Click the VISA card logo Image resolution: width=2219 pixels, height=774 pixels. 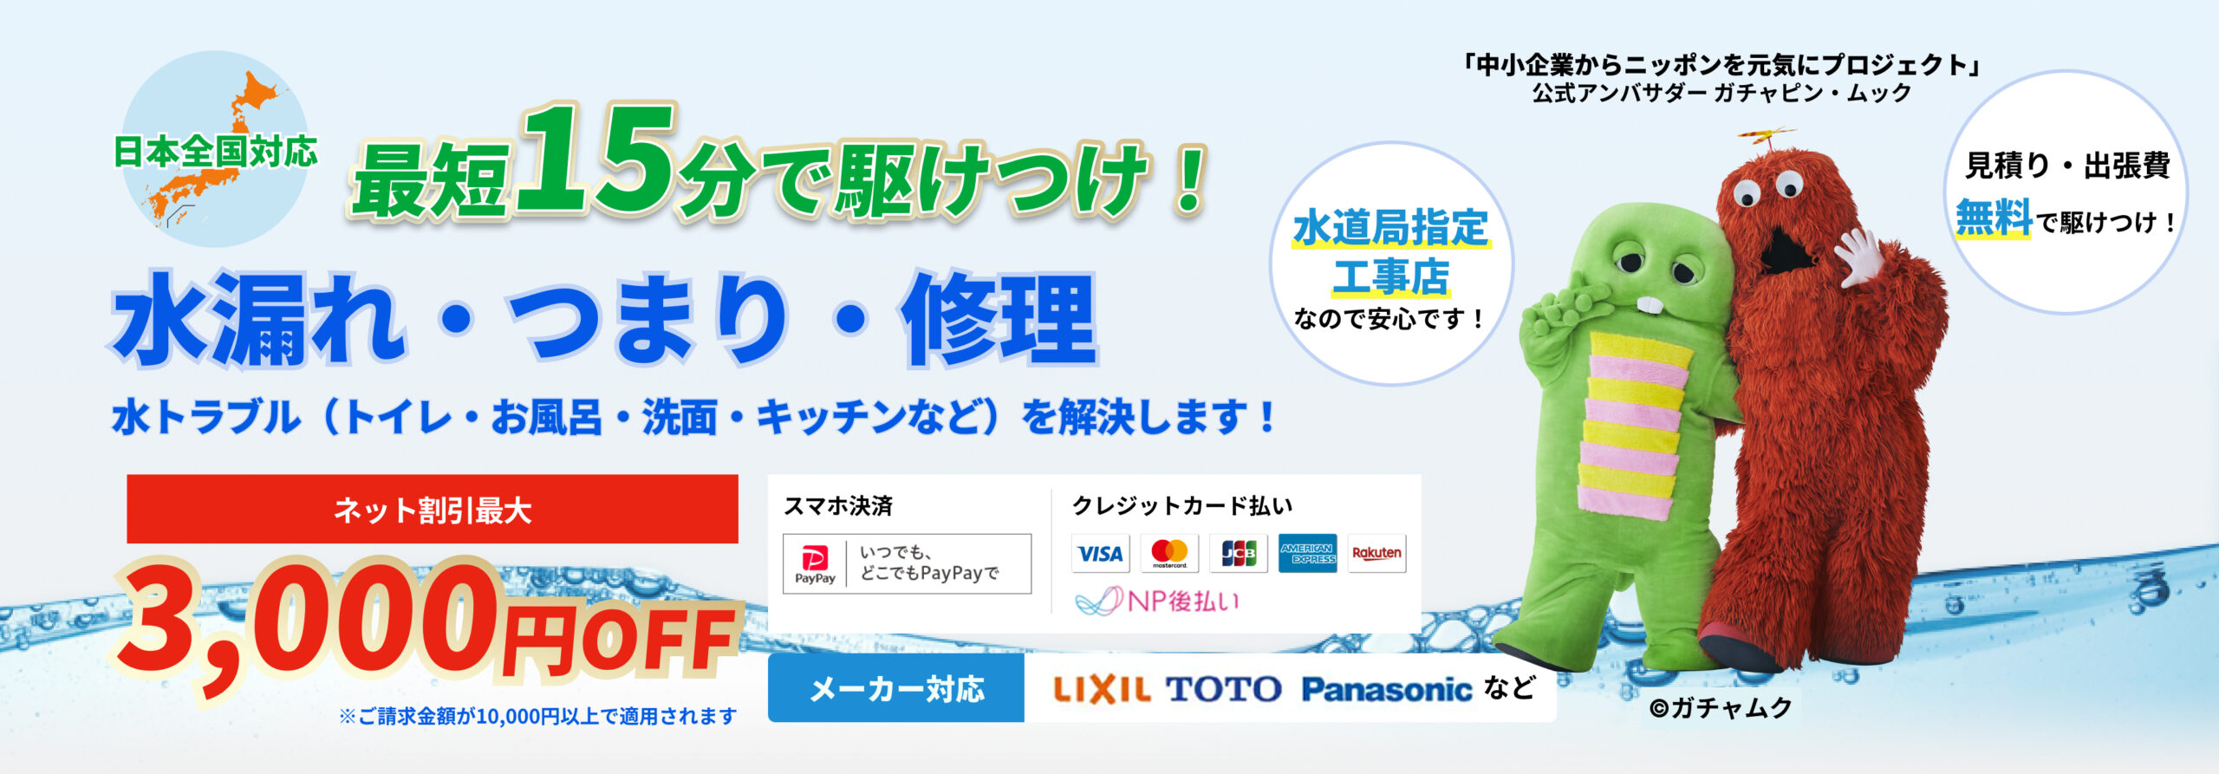point(1100,553)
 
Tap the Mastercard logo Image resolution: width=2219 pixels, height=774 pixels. point(1169,553)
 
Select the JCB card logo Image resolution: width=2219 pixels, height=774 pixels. point(1239,553)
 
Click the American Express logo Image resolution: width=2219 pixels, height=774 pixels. point(1307,553)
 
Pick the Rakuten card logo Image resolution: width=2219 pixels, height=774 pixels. point(1376,553)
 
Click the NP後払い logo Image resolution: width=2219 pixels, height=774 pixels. point(1158,601)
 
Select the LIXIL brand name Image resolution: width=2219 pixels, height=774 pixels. point(1102,689)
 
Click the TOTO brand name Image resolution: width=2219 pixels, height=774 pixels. point(1223,689)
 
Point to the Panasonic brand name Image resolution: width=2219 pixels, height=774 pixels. point(1386,690)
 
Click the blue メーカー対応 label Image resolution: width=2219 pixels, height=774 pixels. point(896,689)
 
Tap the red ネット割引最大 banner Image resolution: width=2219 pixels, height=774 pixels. point(433,510)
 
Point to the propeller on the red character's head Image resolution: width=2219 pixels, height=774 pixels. point(1766,137)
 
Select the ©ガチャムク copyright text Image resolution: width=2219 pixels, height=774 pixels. point(1721,708)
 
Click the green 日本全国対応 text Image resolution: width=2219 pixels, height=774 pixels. point(216,152)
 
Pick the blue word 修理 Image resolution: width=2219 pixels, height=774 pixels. point(999,319)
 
